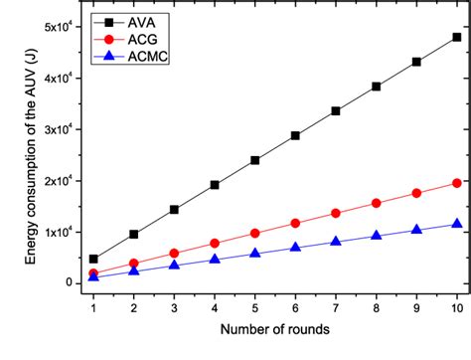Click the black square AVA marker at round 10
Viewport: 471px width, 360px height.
point(457,37)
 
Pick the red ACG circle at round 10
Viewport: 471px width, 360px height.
point(457,183)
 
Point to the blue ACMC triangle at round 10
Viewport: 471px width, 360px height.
point(457,224)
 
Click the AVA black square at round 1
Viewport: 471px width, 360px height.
point(94,259)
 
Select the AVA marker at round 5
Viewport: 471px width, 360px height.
point(255,160)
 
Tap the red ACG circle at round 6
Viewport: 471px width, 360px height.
point(295,223)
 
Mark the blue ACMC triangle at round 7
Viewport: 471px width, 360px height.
point(336,241)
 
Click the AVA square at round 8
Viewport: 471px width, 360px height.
point(377,87)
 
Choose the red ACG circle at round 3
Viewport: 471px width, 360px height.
point(174,254)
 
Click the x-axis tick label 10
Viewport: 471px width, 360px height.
point(457,308)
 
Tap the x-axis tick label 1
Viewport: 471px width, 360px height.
point(94,308)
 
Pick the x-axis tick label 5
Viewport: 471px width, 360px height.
point(255,308)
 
